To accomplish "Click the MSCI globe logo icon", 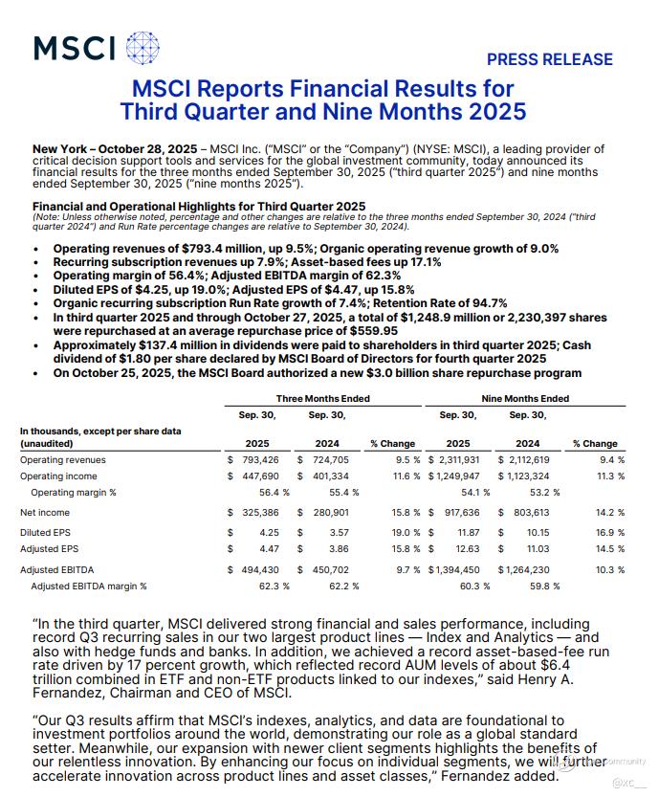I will [143, 48].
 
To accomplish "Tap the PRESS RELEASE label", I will [550, 59].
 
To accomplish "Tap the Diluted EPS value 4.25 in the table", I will [269, 531].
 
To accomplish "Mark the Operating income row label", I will [59, 476].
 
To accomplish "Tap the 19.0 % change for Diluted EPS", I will [400, 531].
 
